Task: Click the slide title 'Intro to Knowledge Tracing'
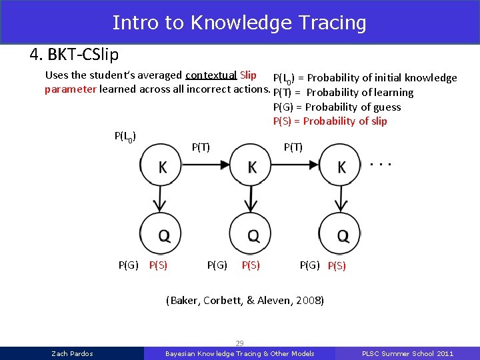point(239,23)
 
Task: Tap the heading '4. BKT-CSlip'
point(74,53)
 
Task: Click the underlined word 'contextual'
point(211,75)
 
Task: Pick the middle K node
point(251,167)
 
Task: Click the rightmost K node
point(341,167)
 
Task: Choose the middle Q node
point(251,234)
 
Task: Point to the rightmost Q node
point(341,234)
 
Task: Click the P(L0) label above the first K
point(126,137)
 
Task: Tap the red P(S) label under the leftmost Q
point(158,265)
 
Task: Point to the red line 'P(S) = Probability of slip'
point(330,121)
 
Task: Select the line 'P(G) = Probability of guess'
point(337,107)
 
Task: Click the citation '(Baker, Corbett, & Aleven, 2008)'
point(245,301)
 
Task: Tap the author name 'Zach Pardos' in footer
point(72,353)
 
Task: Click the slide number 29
point(239,343)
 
